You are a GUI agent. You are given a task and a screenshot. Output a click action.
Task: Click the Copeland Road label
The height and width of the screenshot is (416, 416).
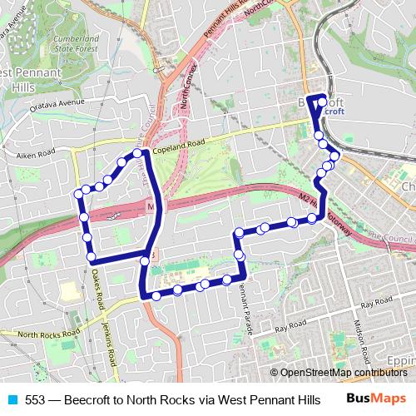[x=179, y=143]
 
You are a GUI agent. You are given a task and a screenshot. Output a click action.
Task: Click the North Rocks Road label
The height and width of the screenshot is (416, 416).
[x=40, y=336]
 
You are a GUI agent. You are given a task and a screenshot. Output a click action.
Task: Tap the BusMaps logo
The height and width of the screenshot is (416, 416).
[x=376, y=399]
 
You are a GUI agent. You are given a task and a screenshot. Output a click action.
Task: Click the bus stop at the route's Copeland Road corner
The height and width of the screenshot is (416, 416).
[x=143, y=152]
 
